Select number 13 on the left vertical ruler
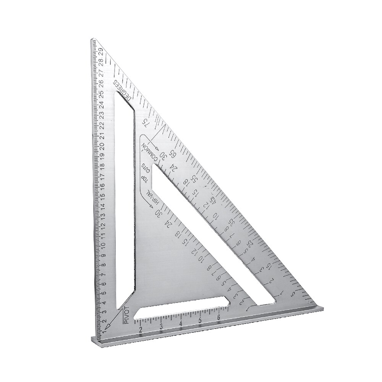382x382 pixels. (x=103, y=215)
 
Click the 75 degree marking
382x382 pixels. (x=144, y=122)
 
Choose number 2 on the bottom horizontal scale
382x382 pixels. (x=140, y=329)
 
